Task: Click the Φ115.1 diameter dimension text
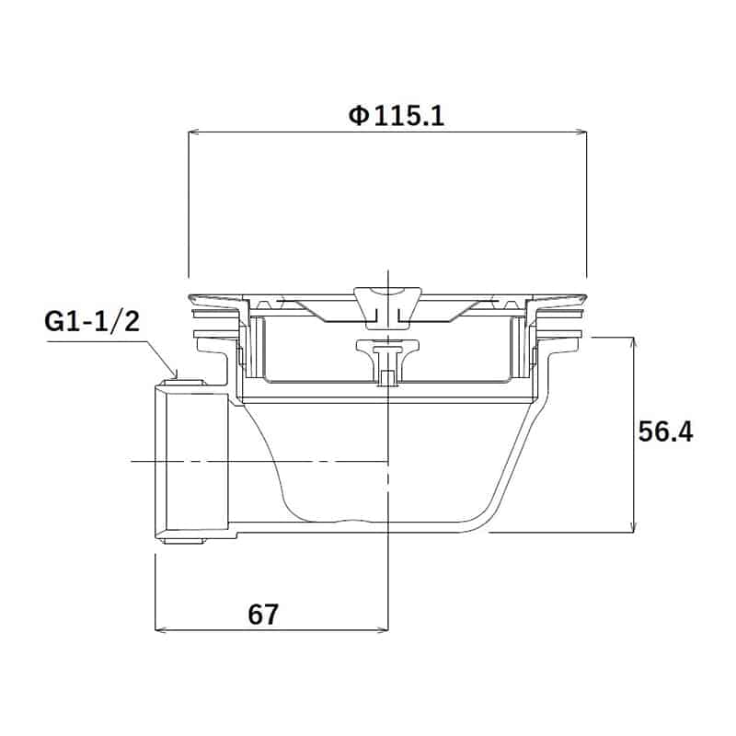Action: [x=397, y=116]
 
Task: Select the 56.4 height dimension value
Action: [x=665, y=432]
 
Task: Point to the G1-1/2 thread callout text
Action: [x=91, y=323]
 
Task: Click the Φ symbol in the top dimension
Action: [x=358, y=116]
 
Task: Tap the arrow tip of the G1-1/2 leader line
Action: [x=175, y=376]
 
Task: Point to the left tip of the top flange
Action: [x=190, y=298]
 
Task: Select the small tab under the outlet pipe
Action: [x=183, y=538]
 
